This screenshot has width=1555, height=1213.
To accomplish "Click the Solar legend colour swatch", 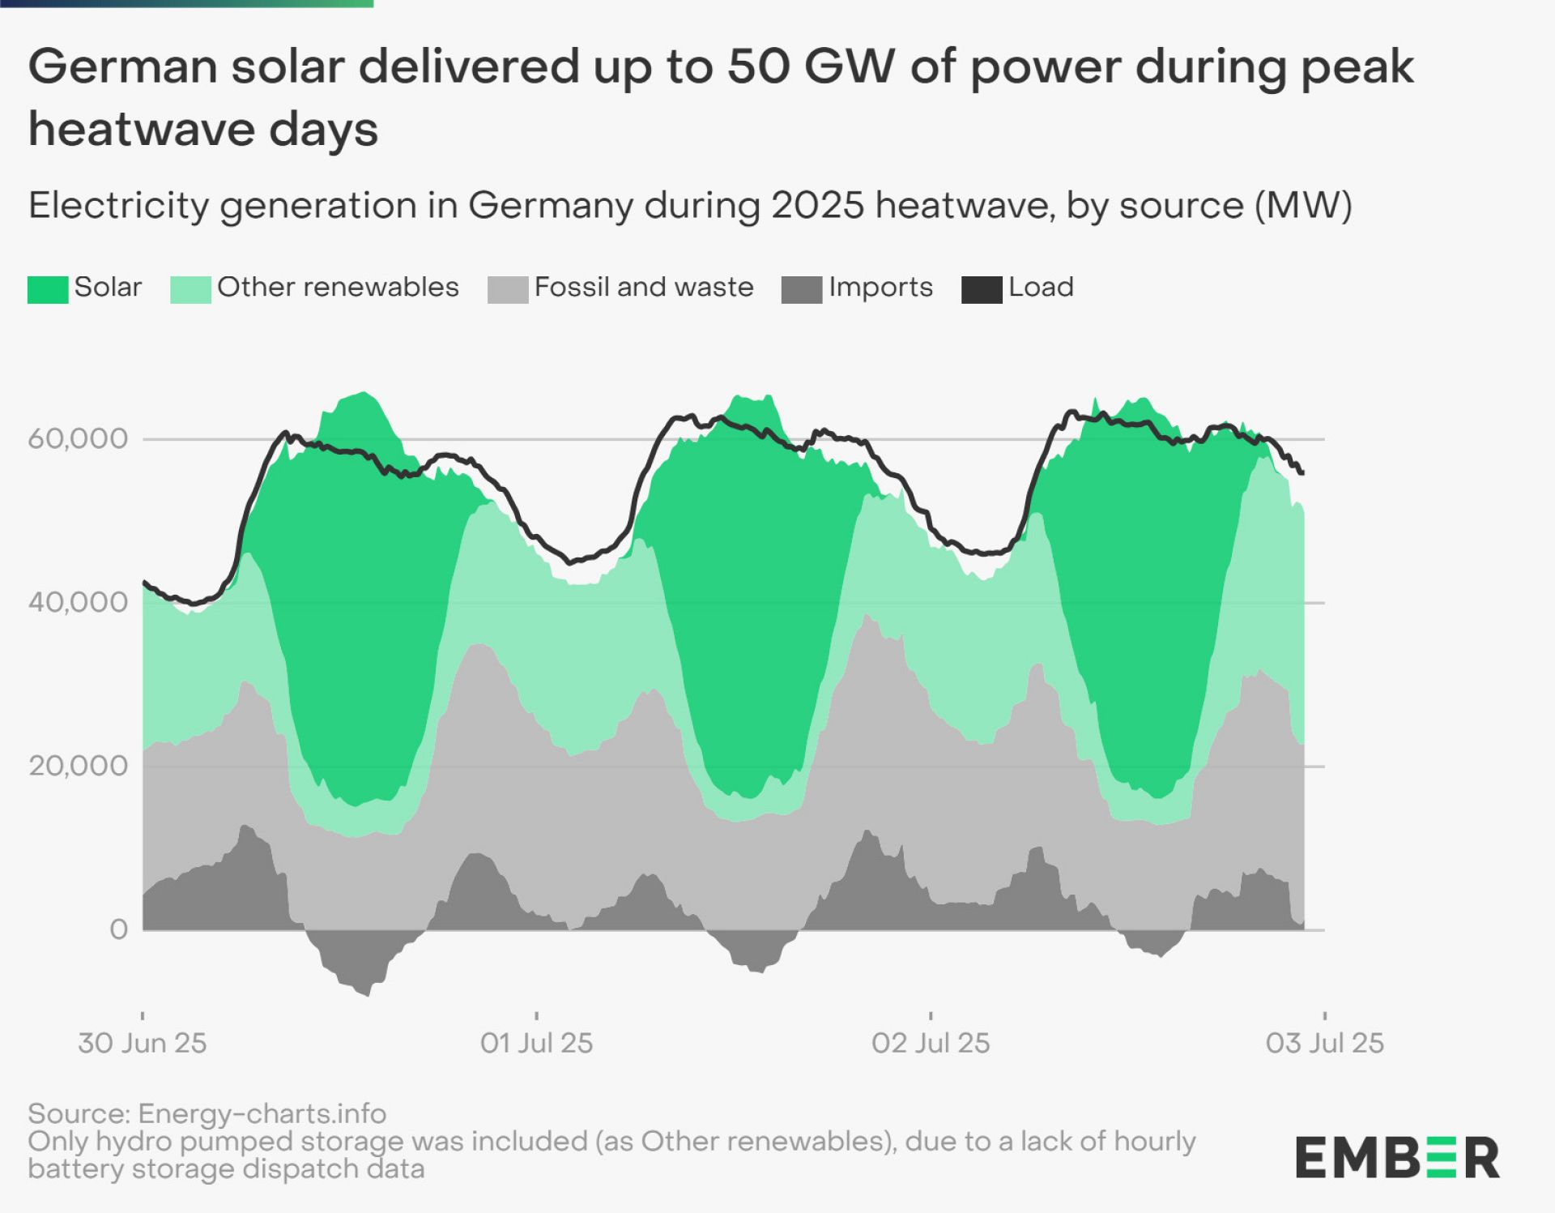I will [x=48, y=289].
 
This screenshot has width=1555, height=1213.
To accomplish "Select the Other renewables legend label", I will [x=338, y=287].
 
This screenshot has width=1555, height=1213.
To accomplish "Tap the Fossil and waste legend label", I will [x=644, y=287].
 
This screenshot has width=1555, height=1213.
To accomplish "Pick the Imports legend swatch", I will [x=801, y=289].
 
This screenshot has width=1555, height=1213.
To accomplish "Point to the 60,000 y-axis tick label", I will [x=78, y=438].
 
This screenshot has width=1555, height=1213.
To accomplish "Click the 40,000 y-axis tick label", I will [x=78, y=602].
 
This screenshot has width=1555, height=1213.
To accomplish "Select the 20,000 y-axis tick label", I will [x=78, y=766].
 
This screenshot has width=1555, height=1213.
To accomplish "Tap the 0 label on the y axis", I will [x=118, y=929].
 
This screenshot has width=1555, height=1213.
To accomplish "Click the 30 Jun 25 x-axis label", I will [x=143, y=1043].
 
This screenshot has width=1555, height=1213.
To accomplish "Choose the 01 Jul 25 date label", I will [x=536, y=1043].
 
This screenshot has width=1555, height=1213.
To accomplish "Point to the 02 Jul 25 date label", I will [x=931, y=1043].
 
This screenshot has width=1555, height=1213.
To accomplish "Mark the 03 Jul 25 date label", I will [x=1325, y=1043].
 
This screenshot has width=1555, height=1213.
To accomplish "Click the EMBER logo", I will [x=1397, y=1157].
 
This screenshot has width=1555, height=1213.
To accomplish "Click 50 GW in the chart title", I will [x=811, y=66].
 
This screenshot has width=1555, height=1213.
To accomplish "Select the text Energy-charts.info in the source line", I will [x=262, y=1113].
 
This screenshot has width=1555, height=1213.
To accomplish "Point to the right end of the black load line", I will [x=1302, y=472].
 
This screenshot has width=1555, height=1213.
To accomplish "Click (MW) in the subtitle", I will [x=1303, y=205].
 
